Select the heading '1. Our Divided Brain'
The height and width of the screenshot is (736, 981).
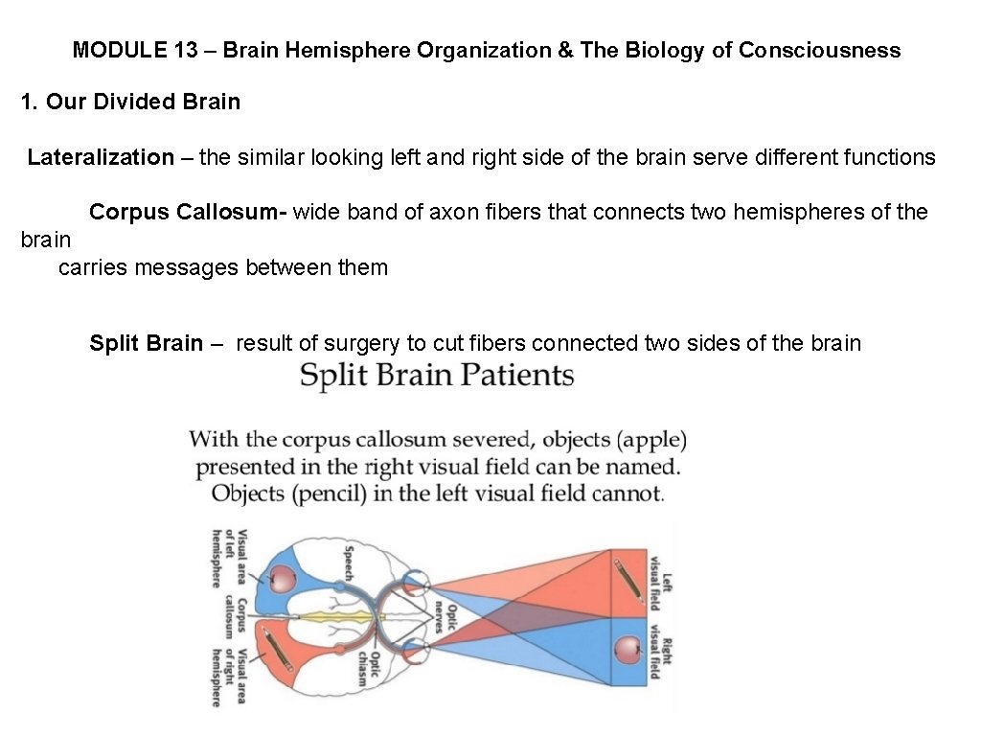[x=130, y=102]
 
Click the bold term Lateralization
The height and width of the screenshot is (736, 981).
[x=101, y=157]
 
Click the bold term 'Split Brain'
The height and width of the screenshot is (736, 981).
[x=146, y=343]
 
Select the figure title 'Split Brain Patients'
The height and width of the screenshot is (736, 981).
[x=437, y=376]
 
